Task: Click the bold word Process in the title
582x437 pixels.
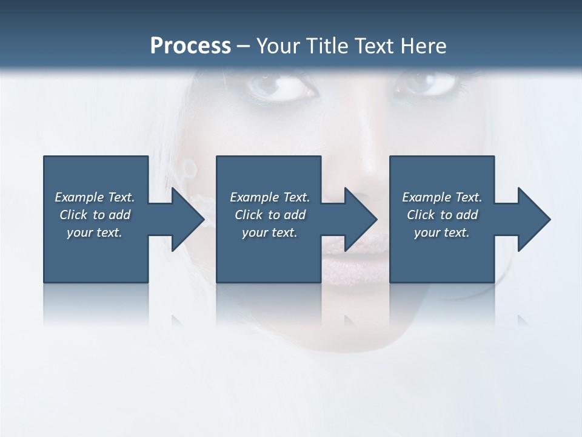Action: pyautogui.click(x=190, y=46)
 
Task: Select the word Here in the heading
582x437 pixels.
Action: pyautogui.click(x=424, y=46)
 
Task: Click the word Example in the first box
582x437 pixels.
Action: pyautogui.click(x=79, y=197)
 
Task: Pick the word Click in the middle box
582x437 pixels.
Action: pyautogui.click(x=248, y=215)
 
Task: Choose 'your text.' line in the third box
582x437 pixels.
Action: pyautogui.click(x=442, y=232)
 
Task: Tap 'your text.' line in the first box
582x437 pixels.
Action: pyautogui.click(x=95, y=232)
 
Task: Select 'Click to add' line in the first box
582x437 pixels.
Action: pyautogui.click(x=95, y=215)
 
